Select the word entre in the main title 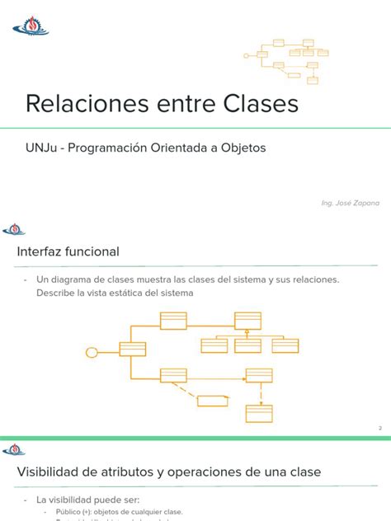coord(179,105)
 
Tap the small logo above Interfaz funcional coord(14,229)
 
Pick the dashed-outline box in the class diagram coord(213,401)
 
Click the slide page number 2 coord(379,428)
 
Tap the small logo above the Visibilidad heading coord(14,449)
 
